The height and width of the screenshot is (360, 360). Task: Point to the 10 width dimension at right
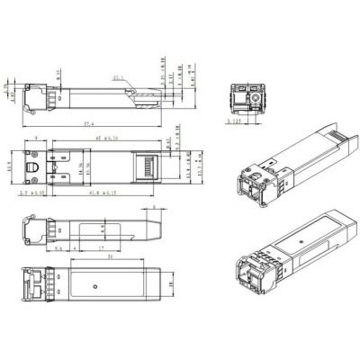coord(170,288)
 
